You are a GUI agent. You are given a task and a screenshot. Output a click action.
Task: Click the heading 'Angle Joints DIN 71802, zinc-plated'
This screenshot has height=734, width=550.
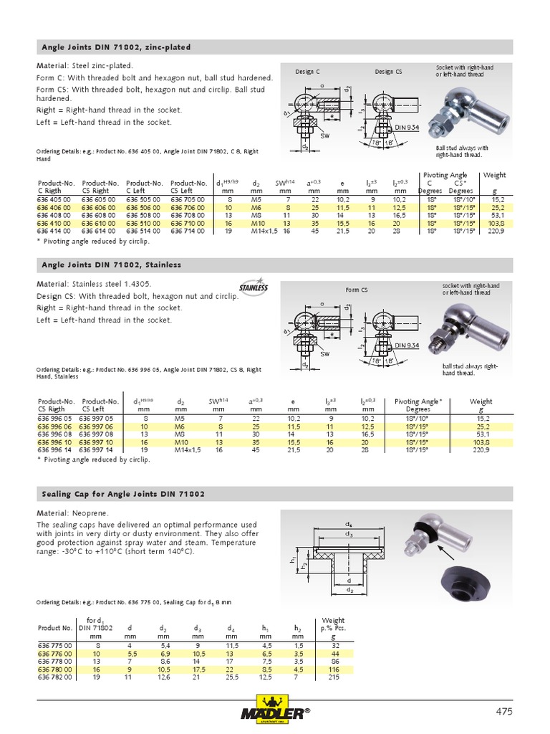click(x=115, y=47)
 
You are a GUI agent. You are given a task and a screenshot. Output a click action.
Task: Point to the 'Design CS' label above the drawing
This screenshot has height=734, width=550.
click(x=388, y=72)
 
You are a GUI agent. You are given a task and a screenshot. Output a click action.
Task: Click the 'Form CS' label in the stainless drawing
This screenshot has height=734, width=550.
click(x=357, y=290)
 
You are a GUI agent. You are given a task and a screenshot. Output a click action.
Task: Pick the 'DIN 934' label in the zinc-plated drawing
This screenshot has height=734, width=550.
click(x=407, y=127)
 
